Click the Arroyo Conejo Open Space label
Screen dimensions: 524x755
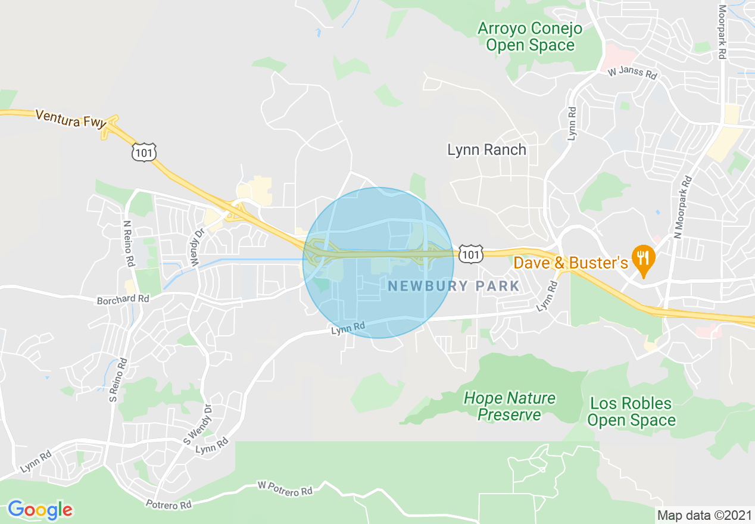(529, 36)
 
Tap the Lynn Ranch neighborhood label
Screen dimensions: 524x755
(486, 150)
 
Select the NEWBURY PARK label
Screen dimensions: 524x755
(454, 286)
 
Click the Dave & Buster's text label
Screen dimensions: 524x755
(570, 263)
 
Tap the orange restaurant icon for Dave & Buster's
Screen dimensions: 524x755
(643, 258)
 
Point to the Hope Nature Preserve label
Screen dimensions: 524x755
(509, 406)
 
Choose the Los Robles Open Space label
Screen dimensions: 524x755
(631, 412)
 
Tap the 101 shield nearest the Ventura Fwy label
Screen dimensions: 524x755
(145, 152)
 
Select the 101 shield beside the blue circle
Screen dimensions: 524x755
(470, 255)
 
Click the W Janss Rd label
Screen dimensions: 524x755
(632, 74)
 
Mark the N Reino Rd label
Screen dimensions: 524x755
(128, 244)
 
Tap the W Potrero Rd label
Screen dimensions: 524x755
(285, 489)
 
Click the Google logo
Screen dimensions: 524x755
(40, 510)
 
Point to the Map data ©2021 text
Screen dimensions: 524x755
(704, 515)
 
